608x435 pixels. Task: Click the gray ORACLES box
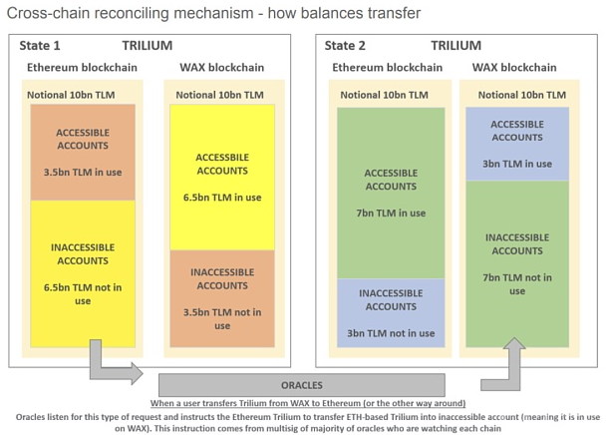point(302,385)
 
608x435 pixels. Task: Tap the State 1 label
point(40,46)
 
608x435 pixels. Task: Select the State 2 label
point(345,46)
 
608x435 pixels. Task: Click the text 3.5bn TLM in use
point(83,173)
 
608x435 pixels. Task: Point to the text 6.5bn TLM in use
point(222,198)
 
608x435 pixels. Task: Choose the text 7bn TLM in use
point(391,214)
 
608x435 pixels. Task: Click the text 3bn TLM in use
point(517,164)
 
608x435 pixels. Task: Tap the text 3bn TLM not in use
point(391,333)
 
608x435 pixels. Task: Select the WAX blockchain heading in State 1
point(222,68)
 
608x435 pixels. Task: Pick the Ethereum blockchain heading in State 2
point(387,68)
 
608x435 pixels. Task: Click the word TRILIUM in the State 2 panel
point(456,46)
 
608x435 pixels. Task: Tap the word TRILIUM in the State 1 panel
point(148,46)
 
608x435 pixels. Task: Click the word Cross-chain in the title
point(48,13)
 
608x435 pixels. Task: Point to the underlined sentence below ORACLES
point(308,403)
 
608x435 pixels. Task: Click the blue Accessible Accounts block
point(517,144)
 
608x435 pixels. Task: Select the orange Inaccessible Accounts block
point(222,298)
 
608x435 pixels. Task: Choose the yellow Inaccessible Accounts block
point(83,273)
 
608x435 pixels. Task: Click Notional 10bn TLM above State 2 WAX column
point(522,95)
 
